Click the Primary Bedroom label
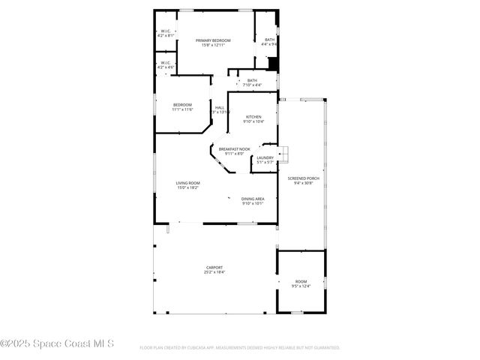point(214,40)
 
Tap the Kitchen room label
point(253,117)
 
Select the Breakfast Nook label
point(234,148)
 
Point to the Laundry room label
point(265,157)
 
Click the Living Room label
point(188,183)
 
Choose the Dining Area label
point(253,199)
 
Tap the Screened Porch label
point(303,178)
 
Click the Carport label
point(214,268)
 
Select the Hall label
point(220,107)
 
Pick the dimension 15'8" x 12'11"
point(214,45)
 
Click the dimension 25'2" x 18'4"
point(214,272)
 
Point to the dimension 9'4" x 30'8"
point(303,182)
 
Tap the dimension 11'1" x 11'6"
point(182,109)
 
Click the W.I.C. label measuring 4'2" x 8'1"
point(165,33)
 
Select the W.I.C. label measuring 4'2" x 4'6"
point(165,65)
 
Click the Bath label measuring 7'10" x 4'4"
point(252,82)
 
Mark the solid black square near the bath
point(273,64)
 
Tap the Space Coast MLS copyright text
point(57,344)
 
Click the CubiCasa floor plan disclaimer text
point(239,348)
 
